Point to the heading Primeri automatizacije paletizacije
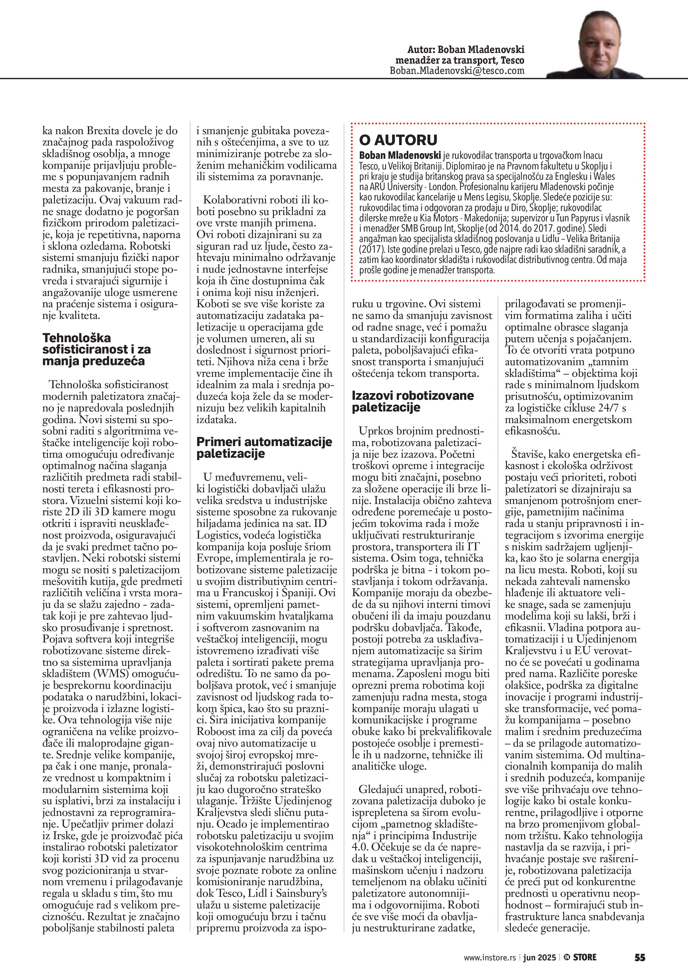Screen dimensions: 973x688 pyautogui.click(x=264, y=447)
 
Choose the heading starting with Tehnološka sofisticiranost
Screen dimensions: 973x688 pyautogui.click(x=96, y=349)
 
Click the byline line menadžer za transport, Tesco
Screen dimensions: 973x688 pyautogui.click(x=460, y=60)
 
